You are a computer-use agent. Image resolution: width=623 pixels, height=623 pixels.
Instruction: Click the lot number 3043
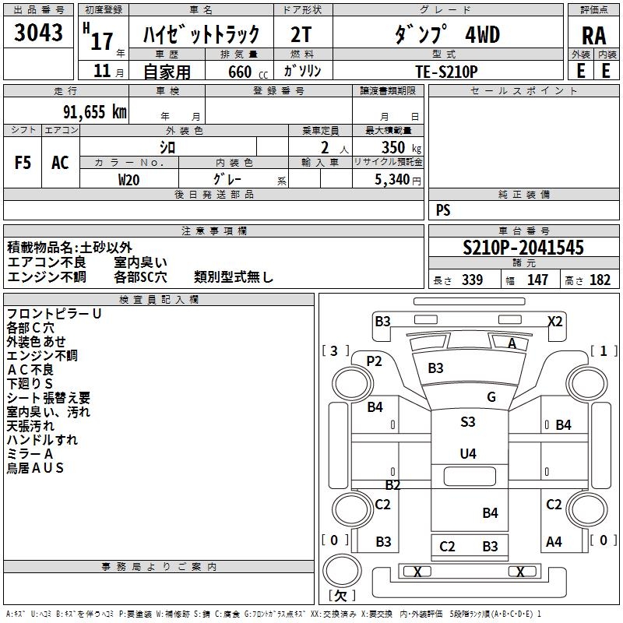39,33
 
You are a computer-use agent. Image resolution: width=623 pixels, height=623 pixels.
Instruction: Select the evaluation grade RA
593,35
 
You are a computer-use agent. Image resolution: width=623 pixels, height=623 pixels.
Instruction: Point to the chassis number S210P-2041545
523,248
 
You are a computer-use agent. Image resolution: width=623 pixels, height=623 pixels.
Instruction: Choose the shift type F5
23,163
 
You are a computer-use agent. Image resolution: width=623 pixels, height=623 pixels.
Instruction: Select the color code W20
129,179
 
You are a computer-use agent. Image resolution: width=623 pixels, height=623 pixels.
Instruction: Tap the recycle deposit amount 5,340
391,180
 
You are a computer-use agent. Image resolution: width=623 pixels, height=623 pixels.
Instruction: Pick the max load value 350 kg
397,147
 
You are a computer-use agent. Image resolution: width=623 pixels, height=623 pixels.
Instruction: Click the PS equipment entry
443,209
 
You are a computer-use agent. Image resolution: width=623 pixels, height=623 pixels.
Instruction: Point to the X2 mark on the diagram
554,321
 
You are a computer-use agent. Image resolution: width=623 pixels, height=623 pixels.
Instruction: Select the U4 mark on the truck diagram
467,453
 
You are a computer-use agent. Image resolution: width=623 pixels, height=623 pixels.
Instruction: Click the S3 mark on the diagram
467,421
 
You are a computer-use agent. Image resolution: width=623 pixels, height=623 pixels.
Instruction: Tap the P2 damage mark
375,361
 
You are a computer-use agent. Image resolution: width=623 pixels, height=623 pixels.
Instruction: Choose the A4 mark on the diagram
554,541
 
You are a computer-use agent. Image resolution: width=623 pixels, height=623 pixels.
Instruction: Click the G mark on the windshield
491,397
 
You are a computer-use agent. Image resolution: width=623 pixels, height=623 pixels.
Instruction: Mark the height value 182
600,280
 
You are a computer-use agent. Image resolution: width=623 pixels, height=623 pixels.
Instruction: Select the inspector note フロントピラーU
54,313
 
